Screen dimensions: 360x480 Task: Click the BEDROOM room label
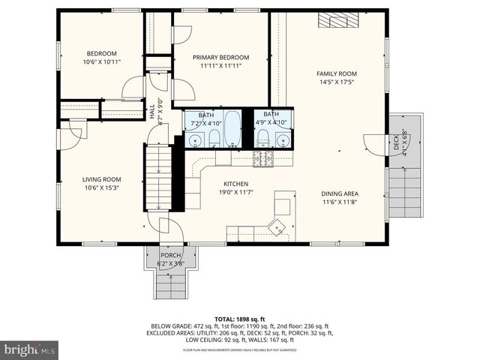click(100, 53)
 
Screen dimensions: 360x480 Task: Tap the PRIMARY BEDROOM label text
click(220, 58)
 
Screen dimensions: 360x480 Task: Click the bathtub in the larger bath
click(232, 129)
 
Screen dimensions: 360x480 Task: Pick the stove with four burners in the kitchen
click(262, 157)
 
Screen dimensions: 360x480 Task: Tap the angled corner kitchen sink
click(279, 227)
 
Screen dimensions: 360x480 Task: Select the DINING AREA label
click(339, 193)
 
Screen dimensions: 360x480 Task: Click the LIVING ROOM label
click(101, 179)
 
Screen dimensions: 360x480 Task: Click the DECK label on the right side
click(397, 142)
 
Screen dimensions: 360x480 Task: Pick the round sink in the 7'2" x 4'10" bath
click(195, 139)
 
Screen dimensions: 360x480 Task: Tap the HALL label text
click(151, 109)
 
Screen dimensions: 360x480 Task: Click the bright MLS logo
click(30, 349)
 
